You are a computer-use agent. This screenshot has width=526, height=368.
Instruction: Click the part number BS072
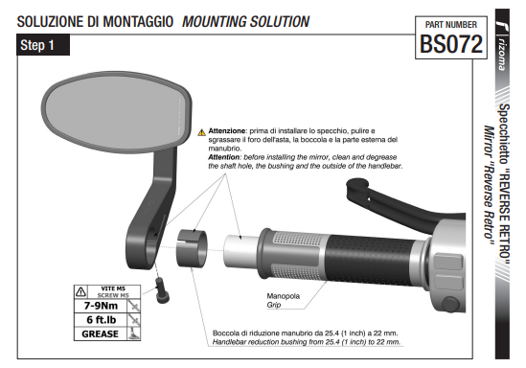(x=451, y=44)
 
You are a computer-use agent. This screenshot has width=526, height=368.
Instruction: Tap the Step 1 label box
(x=43, y=45)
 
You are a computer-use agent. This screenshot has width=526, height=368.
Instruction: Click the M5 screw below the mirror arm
(x=162, y=290)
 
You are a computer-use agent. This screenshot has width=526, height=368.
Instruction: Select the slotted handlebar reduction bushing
(x=192, y=248)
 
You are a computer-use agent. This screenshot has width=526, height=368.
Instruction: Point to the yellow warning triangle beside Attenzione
(x=201, y=132)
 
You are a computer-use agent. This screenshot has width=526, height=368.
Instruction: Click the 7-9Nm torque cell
(x=101, y=306)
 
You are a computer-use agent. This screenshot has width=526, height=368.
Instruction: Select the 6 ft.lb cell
(x=101, y=320)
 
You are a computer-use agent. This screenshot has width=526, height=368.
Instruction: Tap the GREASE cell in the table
(x=101, y=333)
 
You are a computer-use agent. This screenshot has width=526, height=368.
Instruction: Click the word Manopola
(x=284, y=296)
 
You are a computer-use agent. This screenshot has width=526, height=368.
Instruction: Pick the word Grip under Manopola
(x=274, y=305)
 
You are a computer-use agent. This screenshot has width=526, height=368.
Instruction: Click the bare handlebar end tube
(x=240, y=251)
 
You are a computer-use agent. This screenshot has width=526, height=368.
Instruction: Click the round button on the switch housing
(x=450, y=304)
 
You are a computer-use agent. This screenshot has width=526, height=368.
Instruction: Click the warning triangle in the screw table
(x=80, y=292)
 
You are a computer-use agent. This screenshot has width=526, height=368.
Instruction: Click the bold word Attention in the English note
(x=224, y=157)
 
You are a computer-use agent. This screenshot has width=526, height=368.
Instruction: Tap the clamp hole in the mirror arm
(x=153, y=234)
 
